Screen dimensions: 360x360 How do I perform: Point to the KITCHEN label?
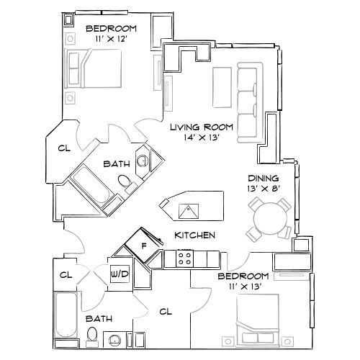[194, 235]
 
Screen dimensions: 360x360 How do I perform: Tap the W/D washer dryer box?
[119, 274]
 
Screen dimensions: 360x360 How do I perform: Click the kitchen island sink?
[189, 211]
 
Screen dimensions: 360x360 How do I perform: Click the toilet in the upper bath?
[126, 183]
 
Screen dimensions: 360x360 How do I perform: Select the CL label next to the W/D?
[66, 274]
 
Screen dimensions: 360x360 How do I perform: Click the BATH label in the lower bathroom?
[99, 318]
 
